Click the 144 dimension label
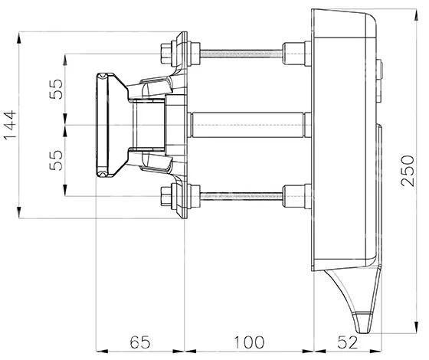coord(10,125)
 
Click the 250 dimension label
coord(408,171)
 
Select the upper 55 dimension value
coord(56,89)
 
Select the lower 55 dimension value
coord(56,160)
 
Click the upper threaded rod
coord(241,54)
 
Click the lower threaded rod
coord(241,196)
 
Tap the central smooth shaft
coord(248,125)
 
